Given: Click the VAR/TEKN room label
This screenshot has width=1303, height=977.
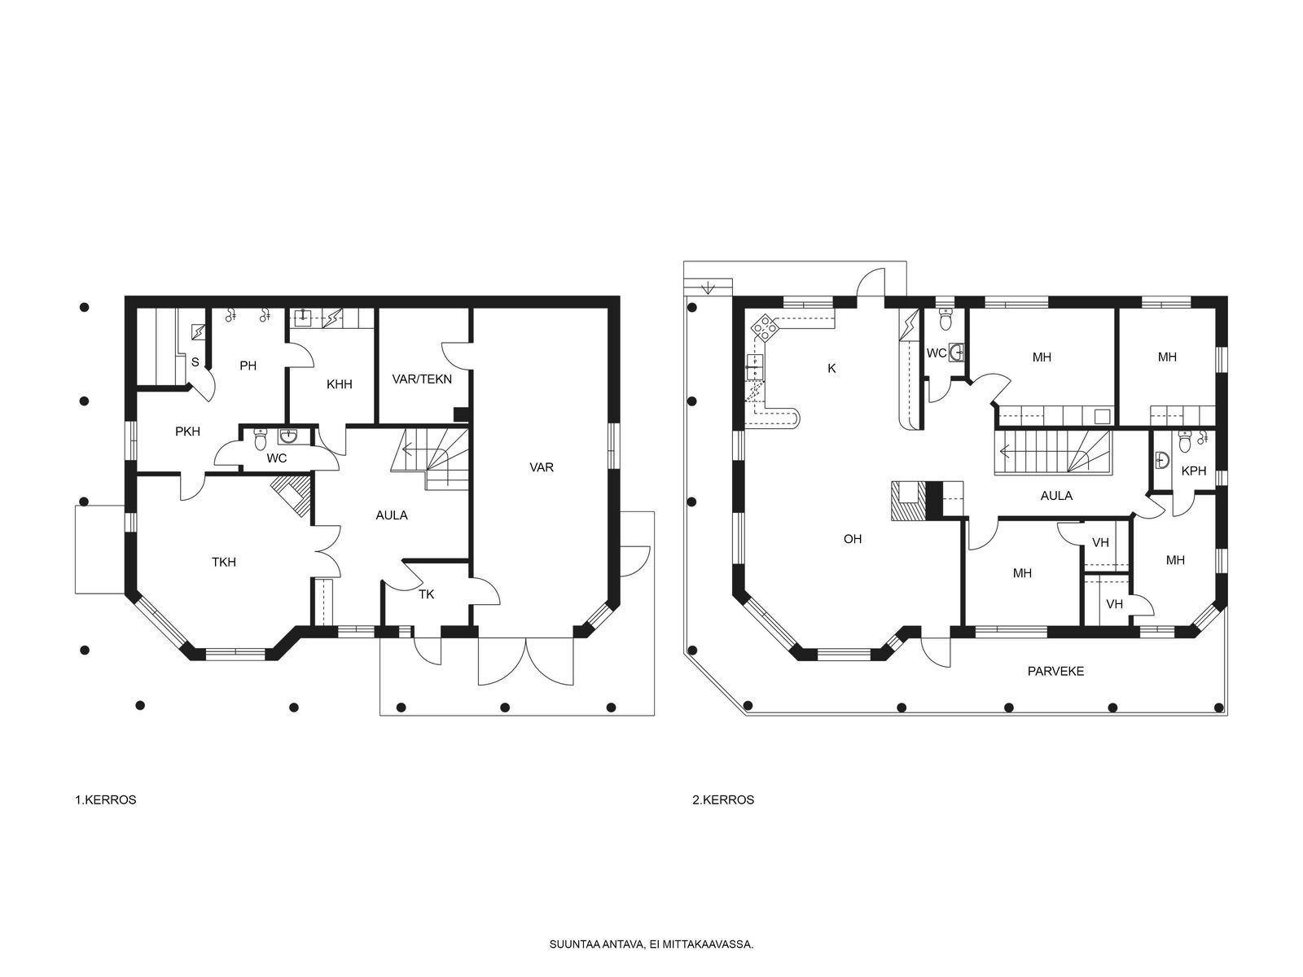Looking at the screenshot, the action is tap(422, 379).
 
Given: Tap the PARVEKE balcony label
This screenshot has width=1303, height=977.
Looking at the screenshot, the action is tap(1055, 672).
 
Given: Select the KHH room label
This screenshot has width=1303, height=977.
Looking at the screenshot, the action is tap(339, 384).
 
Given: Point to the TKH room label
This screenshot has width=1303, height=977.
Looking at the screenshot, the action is tap(224, 562).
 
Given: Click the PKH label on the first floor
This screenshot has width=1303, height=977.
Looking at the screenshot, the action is tap(187, 432).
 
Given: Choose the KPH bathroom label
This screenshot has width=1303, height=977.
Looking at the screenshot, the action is tap(1194, 471).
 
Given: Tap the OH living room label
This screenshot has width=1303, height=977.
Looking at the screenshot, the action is tap(853, 539).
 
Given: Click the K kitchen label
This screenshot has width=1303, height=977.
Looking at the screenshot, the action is tap(831, 368).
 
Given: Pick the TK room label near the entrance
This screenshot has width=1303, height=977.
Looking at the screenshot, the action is tap(426, 594).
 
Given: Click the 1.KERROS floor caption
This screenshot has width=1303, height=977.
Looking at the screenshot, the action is tap(106, 800).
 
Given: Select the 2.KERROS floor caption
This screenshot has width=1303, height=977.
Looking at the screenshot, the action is tap(723, 800).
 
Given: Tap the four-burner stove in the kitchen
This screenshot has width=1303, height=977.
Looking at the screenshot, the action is tap(764, 327).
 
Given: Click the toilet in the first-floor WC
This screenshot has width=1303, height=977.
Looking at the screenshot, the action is tap(260, 439).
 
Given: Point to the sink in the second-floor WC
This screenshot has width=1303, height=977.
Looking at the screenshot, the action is tap(956, 353).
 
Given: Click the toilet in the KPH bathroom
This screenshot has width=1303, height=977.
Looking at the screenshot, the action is tap(1185, 441).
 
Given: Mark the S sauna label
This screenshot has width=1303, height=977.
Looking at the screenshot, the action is tap(195, 361).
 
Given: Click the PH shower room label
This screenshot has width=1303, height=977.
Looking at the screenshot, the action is tap(248, 366).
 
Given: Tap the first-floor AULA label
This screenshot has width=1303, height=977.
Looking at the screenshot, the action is tap(392, 515).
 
